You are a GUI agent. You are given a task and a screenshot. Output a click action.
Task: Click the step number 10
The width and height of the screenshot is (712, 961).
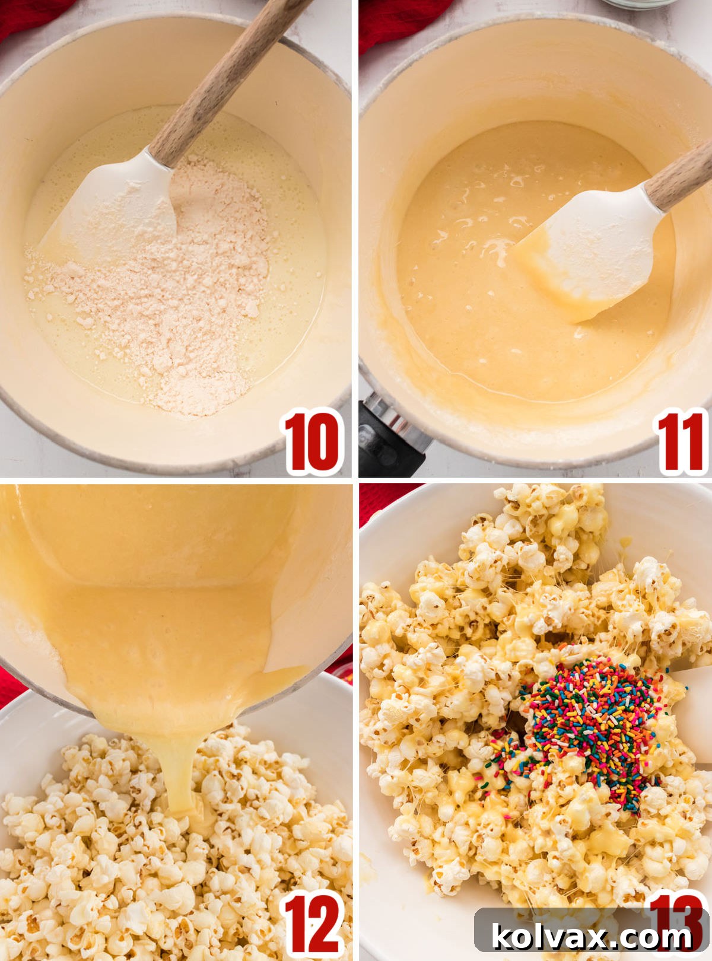313,442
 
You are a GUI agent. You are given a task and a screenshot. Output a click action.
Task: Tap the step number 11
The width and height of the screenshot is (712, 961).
681,442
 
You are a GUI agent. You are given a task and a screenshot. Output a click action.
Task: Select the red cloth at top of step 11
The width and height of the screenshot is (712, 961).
403,18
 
